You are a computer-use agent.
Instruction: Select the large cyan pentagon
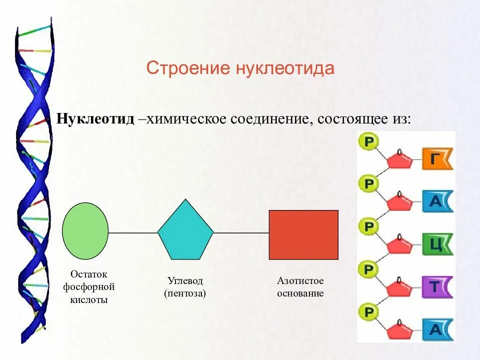click(x=185, y=231)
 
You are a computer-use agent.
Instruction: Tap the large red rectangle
click(x=303, y=234)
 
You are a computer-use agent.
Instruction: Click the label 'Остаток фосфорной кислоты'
click(x=89, y=287)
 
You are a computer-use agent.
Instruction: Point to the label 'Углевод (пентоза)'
click(x=185, y=287)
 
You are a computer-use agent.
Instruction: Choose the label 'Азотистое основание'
click(x=300, y=287)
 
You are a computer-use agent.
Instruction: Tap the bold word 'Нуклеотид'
click(x=95, y=119)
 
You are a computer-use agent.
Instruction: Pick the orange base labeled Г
click(x=436, y=159)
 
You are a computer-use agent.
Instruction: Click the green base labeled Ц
click(x=436, y=244)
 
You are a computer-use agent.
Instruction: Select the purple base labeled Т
click(x=436, y=287)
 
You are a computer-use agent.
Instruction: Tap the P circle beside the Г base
click(x=368, y=142)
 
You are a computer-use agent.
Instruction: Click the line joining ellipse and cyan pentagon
click(x=133, y=232)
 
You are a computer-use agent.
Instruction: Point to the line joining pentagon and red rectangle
click(x=241, y=232)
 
